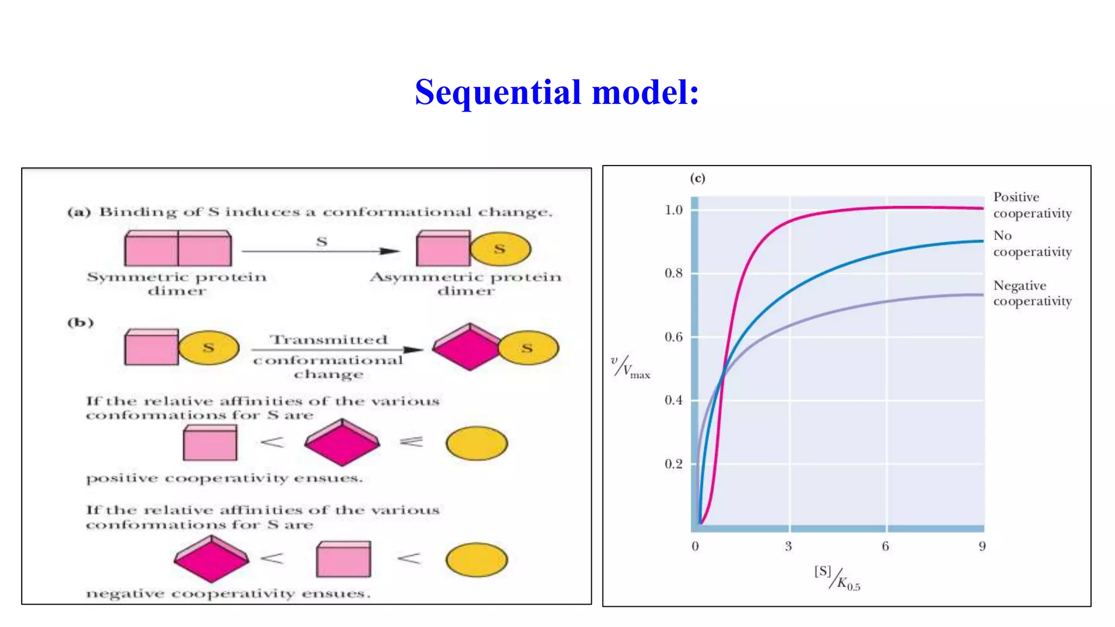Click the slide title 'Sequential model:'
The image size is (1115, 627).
pyautogui.click(x=556, y=92)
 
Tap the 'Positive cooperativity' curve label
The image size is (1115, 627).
pyautogui.click(x=1032, y=205)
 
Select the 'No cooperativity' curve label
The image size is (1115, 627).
pyautogui.click(x=1032, y=244)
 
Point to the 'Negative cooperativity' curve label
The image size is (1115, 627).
pyautogui.click(x=1032, y=293)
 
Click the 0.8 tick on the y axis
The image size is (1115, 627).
pyautogui.click(x=673, y=273)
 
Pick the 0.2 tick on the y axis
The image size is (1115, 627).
pyautogui.click(x=673, y=464)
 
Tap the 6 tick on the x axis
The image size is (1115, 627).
pyautogui.click(x=885, y=546)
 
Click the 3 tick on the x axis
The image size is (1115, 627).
pyautogui.click(x=788, y=546)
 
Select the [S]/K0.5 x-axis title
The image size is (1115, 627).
pyautogui.click(x=837, y=578)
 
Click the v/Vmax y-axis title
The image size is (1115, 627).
pyautogui.click(x=630, y=367)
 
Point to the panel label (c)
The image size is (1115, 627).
pyautogui.click(x=697, y=178)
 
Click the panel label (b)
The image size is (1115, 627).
pyautogui.click(x=81, y=322)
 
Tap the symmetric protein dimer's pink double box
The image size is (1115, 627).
pyautogui.click(x=178, y=248)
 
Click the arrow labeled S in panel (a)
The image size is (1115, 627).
pyautogui.click(x=321, y=251)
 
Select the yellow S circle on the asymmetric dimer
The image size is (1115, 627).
pyautogui.click(x=500, y=249)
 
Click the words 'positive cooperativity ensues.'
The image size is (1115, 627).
pyautogui.click(x=224, y=478)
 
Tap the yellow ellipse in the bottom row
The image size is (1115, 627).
pyautogui.click(x=476, y=559)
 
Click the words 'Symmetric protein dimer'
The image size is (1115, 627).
pyautogui.click(x=177, y=284)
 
